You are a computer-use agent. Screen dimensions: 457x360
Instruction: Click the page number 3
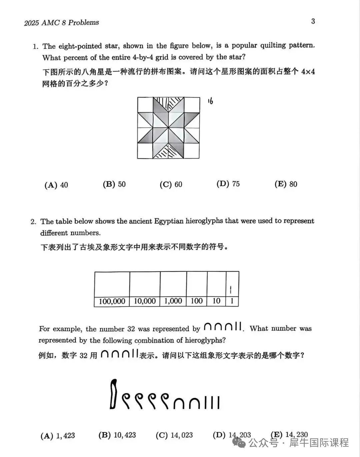[x=313, y=21]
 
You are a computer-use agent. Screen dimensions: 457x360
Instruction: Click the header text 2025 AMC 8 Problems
[x=62, y=23]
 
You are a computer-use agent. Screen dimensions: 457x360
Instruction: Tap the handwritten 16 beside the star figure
[x=210, y=101]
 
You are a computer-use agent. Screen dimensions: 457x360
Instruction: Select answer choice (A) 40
[x=56, y=185]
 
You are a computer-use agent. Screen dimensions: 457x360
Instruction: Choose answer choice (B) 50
[x=114, y=184]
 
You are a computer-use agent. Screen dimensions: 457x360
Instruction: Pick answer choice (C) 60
[x=171, y=184]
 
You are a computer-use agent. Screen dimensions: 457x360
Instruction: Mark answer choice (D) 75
[x=228, y=184]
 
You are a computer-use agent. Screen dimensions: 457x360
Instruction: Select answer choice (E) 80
[x=286, y=184]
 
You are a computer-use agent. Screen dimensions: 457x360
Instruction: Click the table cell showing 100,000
[x=112, y=301]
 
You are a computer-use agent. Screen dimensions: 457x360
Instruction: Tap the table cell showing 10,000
[x=145, y=301]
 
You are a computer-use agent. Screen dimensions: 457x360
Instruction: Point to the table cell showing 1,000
[x=173, y=301]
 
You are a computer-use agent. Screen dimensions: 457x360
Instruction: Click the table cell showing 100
[x=197, y=301]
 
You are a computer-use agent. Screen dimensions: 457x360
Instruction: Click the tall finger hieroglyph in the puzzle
[x=114, y=394]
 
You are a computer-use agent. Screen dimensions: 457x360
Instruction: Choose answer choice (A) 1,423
[x=58, y=436]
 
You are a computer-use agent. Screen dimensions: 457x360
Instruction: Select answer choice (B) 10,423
[x=117, y=435]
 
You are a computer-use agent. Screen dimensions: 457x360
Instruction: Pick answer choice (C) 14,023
[x=174, y=435]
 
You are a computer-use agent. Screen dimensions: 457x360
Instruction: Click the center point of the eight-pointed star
[x=169, y=128]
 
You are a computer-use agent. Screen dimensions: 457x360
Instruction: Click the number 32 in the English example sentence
[x=131, y=329]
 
